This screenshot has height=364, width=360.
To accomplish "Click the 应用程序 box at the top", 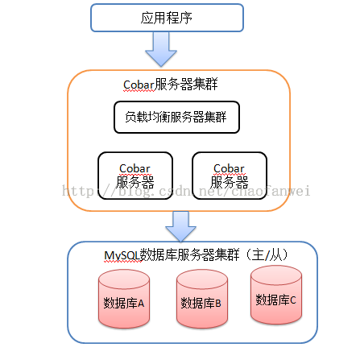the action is click(167, 18).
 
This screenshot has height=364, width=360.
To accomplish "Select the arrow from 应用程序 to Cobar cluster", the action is click(161, 49).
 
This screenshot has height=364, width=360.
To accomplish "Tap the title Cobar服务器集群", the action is click(171, 85).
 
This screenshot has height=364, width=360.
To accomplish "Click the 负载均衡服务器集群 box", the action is click(176, 117).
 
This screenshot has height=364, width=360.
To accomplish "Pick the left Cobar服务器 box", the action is click(135, 176).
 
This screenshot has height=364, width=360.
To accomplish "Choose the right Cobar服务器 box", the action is click(230, 176).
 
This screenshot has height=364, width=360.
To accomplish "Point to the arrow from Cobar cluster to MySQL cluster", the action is click(180, 226).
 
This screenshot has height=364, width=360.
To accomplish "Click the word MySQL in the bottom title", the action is click(122, 255).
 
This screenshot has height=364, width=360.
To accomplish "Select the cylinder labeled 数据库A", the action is click(124, 299).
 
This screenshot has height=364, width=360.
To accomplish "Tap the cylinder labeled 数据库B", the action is click(202, 299).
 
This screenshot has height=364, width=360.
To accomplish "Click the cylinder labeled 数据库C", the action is click(276, 295).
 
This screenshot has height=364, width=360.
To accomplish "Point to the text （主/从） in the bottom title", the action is click(267, 254).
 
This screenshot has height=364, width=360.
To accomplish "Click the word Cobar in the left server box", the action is click(134, 168).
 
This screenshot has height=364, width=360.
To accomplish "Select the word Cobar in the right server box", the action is click(229, 168).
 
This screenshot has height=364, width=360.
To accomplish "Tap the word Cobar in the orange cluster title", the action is click(139, 85).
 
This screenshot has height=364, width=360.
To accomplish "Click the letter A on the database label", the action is click(141, 304).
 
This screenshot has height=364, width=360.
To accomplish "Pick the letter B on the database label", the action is click(218, 303).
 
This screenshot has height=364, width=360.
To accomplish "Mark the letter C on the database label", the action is click(292, 300).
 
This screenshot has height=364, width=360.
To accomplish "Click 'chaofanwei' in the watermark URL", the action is click(271, 191).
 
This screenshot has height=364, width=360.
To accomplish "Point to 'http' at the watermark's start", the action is click(78, 192).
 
